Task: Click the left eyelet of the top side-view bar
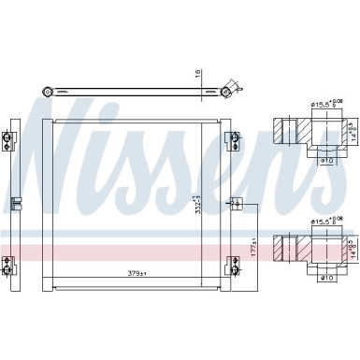(x=46, y=92)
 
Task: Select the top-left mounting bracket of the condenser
(x=9, y=141)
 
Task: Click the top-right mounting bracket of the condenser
(x=235, y=141)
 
